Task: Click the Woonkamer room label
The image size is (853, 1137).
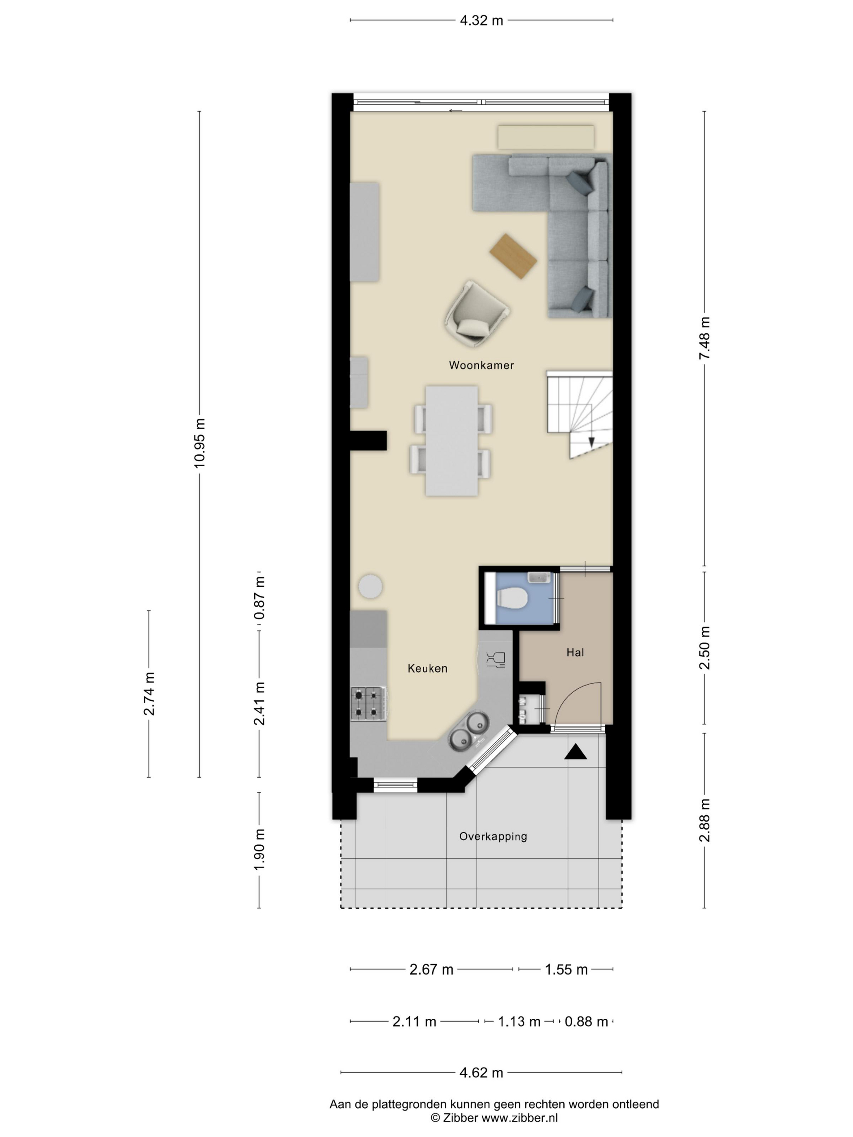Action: pos(481,365)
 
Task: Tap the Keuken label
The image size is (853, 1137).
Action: pos(427,668)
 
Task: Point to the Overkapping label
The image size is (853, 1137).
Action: pos(493,836)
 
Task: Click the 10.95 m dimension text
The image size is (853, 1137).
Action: pos(199,443)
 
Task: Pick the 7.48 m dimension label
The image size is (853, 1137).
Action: pos(704,338)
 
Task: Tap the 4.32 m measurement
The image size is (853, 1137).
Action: pos(481,21)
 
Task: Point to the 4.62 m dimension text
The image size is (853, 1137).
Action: pos(481,1073)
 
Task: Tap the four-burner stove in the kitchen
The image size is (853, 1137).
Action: pos(368,704)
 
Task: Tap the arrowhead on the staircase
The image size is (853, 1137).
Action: pos(592,442)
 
